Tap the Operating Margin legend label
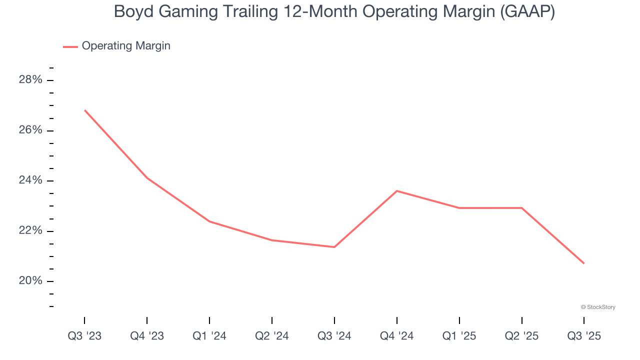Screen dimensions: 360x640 (x=126, y=46)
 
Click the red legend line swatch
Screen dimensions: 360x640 (x=70, y=46)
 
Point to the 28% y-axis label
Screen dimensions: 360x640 (x=30, y=80)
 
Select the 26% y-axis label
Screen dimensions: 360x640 (x=30, y=130)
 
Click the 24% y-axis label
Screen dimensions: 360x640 (x=30, y=180)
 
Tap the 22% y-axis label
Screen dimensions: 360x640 (x=30, y=231)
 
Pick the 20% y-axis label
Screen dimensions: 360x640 (x=30, y=281)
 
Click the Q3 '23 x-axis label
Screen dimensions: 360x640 (x=84, y=336)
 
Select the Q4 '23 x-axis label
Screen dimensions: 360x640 (x=147, y=336)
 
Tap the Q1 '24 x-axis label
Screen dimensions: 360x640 (x=209, y=336)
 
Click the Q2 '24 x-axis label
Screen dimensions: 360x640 (x=272, y=336)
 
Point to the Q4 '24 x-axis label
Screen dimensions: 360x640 (x=396, y=336)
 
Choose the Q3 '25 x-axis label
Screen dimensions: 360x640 (x=584, y=336)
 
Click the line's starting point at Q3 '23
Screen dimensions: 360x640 (x=84, y=110)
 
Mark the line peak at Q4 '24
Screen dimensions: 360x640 (x=396, y=190)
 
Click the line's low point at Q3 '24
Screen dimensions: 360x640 (x=334, y=247)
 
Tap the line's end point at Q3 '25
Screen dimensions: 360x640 (x=584, y=263)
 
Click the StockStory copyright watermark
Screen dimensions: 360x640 (x=598, y=307)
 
